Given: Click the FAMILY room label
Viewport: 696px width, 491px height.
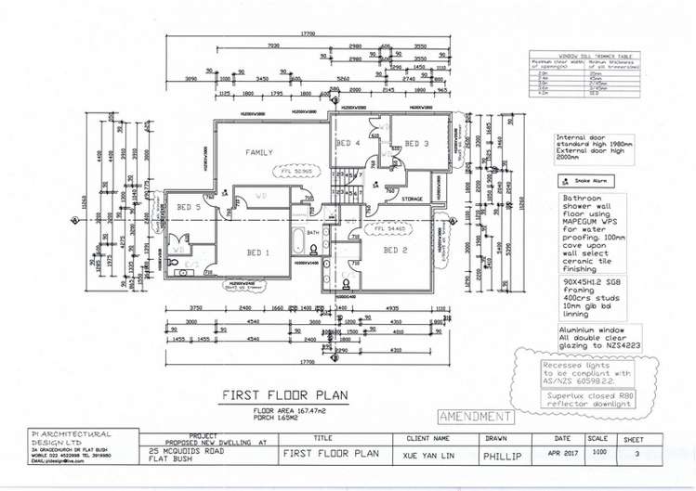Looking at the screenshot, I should [259, 152].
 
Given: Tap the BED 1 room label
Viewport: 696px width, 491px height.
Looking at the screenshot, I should [258, 252].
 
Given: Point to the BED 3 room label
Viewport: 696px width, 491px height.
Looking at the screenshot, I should [415, 144].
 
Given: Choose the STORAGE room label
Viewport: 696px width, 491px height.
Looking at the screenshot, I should [413, 198].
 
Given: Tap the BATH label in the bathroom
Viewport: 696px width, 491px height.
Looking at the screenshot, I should [313, 233].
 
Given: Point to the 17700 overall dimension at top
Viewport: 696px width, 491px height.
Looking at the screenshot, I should [308, 33].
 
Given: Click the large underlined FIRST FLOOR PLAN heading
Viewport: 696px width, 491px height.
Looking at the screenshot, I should [284, 394].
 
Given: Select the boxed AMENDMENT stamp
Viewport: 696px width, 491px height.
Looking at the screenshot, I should [475, 417].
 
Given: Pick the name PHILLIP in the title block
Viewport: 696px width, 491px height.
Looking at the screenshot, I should [502, 457].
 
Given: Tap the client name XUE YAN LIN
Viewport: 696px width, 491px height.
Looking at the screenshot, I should [428, 455].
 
